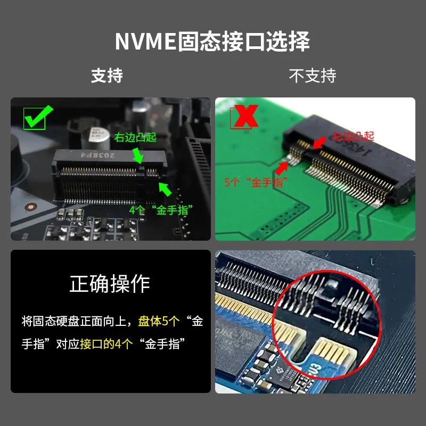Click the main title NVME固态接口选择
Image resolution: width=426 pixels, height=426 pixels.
tap(212, 42)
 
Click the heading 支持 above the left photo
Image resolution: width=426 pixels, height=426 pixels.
tap(107, 76)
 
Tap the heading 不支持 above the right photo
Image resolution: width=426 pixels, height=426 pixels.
tap(313, 76)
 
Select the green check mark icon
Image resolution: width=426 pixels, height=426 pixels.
tap(38, 117)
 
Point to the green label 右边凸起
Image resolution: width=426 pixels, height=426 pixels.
tap(135, 137)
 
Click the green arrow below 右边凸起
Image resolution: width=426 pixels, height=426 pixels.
tap(138, 155)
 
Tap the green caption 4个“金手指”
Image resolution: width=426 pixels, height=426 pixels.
tap(161, 210)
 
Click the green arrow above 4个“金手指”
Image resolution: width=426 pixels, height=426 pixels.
tap(165, 189)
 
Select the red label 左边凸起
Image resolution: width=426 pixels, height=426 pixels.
tap(353, 136)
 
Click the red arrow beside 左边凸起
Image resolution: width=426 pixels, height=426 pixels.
tap(319, 142)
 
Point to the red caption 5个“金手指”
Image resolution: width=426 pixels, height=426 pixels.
tap(256, 182)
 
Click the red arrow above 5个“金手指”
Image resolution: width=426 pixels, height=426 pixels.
tap(282, 168)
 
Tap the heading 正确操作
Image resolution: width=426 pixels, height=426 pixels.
tap(110, 284)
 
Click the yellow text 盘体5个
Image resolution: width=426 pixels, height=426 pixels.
tap(159, 321)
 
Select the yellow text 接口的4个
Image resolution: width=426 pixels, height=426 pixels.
tap(106, 344)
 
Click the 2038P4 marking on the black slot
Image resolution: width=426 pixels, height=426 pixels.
tap(97, 155)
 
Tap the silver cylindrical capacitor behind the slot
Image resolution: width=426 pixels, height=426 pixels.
tap(95, 138)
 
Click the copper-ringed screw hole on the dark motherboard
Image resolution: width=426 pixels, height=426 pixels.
tap(31, 207)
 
